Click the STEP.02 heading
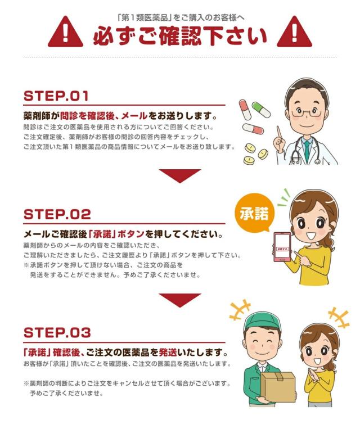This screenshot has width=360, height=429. (57, 214)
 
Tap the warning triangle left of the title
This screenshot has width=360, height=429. (65, 32)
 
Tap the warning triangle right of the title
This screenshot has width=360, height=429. (294, 32)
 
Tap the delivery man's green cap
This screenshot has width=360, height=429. (260, 323)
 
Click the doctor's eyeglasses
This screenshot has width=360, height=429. (307, 112)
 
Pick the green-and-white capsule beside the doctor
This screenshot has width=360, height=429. (260, 110)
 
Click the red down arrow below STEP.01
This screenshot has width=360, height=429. (179, 175)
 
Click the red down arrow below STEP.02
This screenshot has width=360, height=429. (179, 299)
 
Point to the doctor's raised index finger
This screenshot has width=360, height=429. (278, 132)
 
